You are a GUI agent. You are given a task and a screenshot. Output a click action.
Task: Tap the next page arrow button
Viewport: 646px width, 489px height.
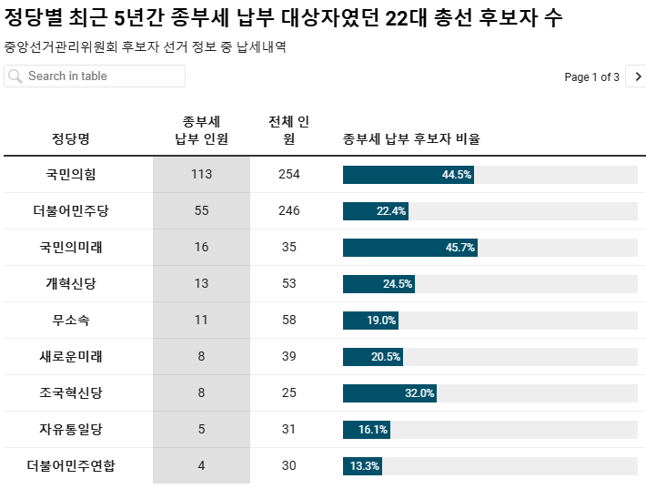pyautogui.click(x=638, y=77)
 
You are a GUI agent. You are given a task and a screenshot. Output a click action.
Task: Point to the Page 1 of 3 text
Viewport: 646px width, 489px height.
pyautogui.click(x=591, y=77)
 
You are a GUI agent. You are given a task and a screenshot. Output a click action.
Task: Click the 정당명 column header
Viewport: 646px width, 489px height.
pyautogui.click(x=71, y=138)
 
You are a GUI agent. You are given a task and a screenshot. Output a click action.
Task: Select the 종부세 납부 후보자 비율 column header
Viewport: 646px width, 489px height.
pyautogui.click(x=411, y=138)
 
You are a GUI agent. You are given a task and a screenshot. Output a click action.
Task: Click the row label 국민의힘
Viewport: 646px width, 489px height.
pyautogui.click(x=71, y=174)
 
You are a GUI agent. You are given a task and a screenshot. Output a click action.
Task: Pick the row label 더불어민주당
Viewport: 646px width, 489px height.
pyautogui.click(x=71, y=210)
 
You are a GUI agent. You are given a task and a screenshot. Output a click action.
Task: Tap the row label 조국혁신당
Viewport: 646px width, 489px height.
pyautogui.click(x=71, y=392)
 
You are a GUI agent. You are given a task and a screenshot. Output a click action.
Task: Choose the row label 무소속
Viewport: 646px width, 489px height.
pyautogui.click(x=71, y=320)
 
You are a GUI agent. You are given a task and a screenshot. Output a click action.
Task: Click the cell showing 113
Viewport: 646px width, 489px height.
pyautogui.click(x=201, y=174)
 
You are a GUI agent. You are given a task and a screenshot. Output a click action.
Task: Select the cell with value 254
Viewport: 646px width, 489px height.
pyautogui.click(x=288, y=174)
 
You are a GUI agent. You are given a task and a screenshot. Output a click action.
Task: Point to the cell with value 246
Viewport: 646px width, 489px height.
pyautogui.click(x=288, y=210)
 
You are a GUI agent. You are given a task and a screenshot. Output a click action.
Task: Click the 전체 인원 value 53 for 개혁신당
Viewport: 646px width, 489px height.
pyautogui.click(x=288, y=283)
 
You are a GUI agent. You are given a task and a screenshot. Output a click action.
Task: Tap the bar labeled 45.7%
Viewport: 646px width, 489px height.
pyautogui.click(x=409, y=247)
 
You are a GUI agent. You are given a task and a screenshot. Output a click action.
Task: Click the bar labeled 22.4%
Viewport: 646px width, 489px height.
pyautogui.click(x=376, y=210)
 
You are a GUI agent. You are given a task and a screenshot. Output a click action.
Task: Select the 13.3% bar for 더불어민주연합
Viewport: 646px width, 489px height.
pyautogui.click(x=362, y=465)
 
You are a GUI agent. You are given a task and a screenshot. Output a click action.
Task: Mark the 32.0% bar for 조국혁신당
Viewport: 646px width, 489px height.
pyautogui.click(x=389, y=392)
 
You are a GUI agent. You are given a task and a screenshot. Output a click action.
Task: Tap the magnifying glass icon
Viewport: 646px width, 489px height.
pyautogui.click(x=15, y=76)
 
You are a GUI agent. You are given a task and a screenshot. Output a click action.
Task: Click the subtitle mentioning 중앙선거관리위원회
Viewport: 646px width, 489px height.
pyautogui.click(x=146, y=46)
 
